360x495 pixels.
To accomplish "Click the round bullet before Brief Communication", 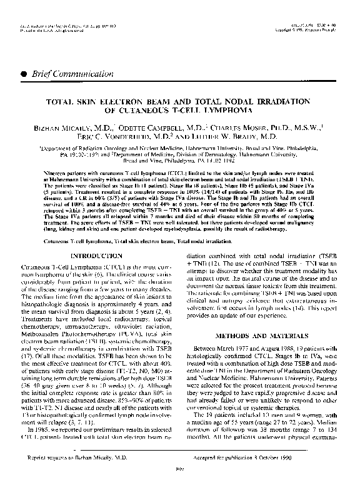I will [x=24, y=72].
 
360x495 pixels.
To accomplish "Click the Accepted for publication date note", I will [x=257, y=476].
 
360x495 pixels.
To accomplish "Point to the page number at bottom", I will [x=180, y=486].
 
